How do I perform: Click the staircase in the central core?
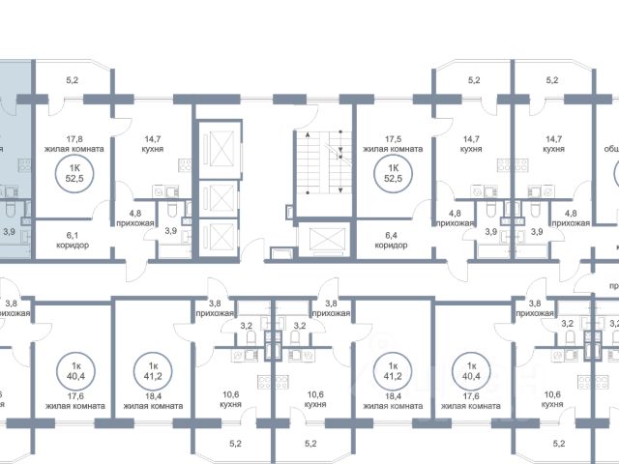[321, 163]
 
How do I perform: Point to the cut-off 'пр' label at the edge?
[611, 287]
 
